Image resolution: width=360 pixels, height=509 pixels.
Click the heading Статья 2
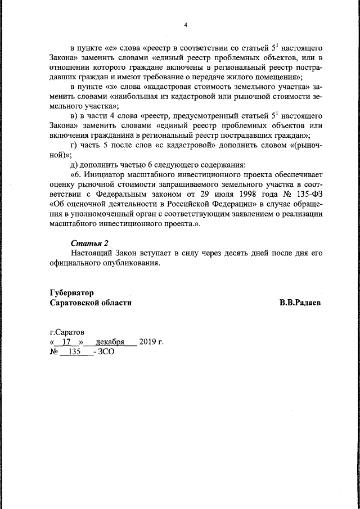tap(89, 243)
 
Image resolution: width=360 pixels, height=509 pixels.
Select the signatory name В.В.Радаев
tap(300, 303)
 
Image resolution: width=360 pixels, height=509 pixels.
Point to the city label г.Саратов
tap(67, 332)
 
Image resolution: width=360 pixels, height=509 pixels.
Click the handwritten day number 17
tap(68, 342)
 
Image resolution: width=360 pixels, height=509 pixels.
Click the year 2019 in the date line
tap(148, 342)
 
